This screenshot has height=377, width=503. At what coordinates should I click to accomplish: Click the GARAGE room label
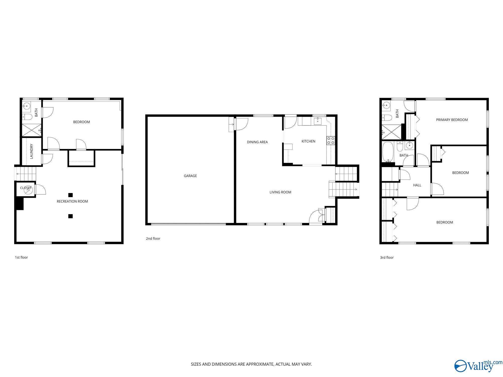(x=190, y=176)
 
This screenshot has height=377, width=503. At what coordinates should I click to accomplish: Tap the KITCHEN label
(x=308, y=141)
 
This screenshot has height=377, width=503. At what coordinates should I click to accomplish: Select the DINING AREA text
(x=257, y=142)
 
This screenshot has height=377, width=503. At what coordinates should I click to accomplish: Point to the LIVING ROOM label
(x=280, y=192)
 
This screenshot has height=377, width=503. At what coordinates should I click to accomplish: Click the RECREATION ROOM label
(x=72, y=201)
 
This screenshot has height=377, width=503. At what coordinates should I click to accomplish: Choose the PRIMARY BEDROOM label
(x=452, y=120)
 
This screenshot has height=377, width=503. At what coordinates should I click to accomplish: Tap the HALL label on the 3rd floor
(x=417, y=185)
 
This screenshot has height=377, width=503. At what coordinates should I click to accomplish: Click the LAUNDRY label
(x=32, y=151)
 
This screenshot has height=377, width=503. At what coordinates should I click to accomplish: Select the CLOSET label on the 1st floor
(x=26, y=188)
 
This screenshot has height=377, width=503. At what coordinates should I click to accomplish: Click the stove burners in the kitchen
(x=331, y=140)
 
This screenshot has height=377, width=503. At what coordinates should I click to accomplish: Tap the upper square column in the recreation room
(x=71, y=195)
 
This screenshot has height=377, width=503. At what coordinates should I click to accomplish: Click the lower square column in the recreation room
(x=71, y=216)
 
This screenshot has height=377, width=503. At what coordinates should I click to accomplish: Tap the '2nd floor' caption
(x=153, y=239)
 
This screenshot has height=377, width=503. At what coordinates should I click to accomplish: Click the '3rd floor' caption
(x=387, y=257)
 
